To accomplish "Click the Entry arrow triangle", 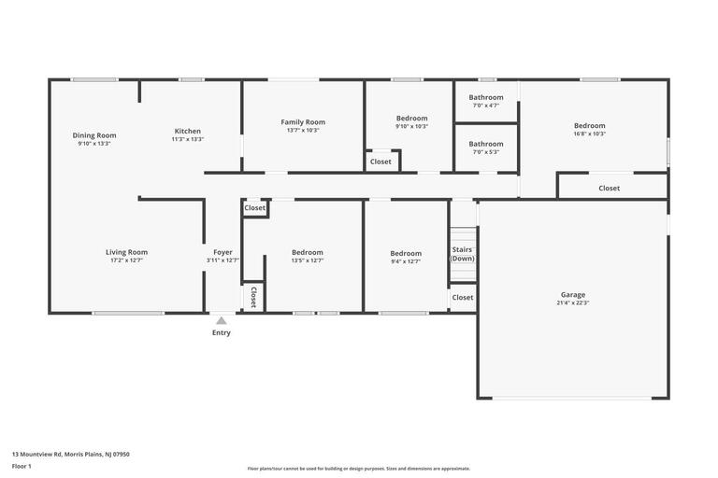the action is click(x=222, y=320).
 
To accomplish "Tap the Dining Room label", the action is click(x=94, y=135).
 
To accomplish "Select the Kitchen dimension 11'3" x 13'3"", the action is click(x=188, y=139).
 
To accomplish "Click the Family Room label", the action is click(x=303, y=122).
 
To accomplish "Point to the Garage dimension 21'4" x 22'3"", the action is click(x=573, y=302).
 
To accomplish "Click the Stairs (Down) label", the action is click(x=462, y=254).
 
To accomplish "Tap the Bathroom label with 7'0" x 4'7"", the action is click(x=486, y=97).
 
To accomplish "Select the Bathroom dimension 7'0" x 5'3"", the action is click(x=486, y=152).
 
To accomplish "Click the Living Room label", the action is click(x=127, y=252).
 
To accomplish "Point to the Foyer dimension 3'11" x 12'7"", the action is click(x=223, y=260).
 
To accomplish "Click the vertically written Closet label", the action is click(x=253, y=297).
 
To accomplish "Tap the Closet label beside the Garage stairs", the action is click(x=463, y=297).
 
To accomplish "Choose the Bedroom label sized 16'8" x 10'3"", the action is click(x=590, y=126).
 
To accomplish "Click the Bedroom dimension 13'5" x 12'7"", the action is click(x=308, y=260).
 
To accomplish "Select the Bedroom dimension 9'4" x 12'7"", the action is click(x=406, y=261).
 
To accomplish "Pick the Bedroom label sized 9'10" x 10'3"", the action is click(x=412, y=119).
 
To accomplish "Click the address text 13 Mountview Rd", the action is click(x=36, y=455).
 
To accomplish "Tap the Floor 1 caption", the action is click(x=22, y=467).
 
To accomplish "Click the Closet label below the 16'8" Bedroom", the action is click(x=609, y=188).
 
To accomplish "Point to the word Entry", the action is click(x=222, y=332).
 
